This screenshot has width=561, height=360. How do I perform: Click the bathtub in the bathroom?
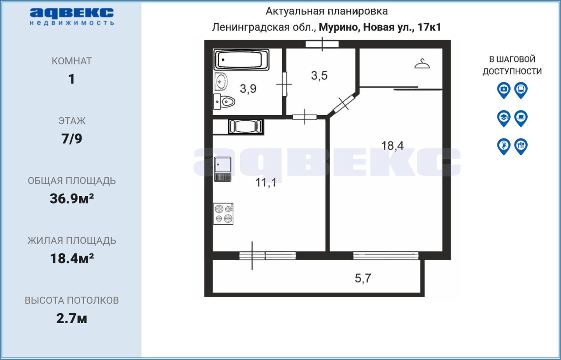[241, 60]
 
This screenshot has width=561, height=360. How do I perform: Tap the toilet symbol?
[224, 102]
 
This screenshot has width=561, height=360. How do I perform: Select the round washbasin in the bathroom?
[220, 81]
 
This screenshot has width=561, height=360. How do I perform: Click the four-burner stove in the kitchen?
[224, 214]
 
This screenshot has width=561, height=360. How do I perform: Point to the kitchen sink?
[223, 169]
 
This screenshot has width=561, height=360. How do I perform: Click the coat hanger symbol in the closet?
[422, 64]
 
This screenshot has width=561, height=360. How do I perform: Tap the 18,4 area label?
[392, 146]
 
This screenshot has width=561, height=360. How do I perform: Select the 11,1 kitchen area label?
[266, 182]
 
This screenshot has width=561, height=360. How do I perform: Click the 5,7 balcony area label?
[363, 278]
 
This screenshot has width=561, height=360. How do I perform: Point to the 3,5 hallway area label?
[320, 75]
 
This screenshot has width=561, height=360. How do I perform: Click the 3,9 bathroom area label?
[248, 88]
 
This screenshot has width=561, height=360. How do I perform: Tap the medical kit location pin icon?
[504, 90]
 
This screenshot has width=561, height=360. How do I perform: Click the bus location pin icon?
[521, 90]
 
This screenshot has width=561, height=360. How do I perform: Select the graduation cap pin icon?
[504, 118]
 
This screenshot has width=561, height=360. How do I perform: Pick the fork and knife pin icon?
[521, 147]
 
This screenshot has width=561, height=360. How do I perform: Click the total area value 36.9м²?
[71, 198]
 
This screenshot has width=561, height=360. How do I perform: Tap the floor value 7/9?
[71, 139]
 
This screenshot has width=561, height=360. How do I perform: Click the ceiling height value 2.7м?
[71, 318]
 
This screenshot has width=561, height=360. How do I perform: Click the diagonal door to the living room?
[344, 104]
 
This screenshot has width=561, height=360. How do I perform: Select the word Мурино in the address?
[339, 27]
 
